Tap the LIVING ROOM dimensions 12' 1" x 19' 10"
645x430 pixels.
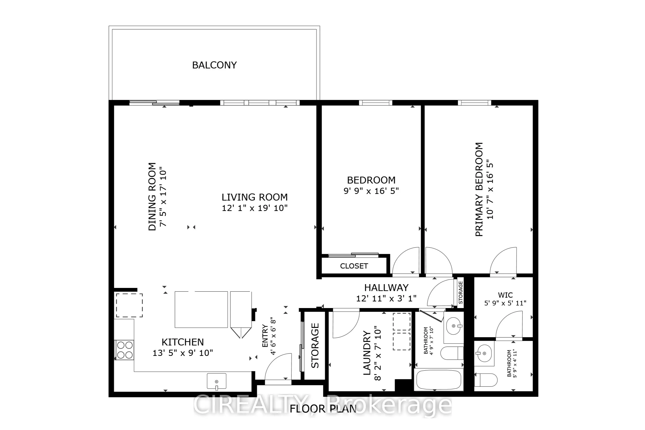click(255, 208)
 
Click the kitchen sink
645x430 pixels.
click(216, 381)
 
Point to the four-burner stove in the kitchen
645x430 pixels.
click(125, 350)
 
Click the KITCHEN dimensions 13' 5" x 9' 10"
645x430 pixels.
click(183, 353)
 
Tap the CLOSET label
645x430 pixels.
click(354, 266)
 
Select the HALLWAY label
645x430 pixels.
click(386, 288)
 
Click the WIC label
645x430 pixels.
click(505, 295)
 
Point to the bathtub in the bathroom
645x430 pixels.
click(439, 380)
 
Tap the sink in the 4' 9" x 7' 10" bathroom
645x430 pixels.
click(453, 326)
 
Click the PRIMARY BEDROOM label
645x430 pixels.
click(479, 189)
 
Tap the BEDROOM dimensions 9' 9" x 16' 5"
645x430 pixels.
click(371, 191)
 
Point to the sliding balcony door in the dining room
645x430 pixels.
click(154, 103)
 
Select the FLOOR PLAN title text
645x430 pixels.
click(323, 409)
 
